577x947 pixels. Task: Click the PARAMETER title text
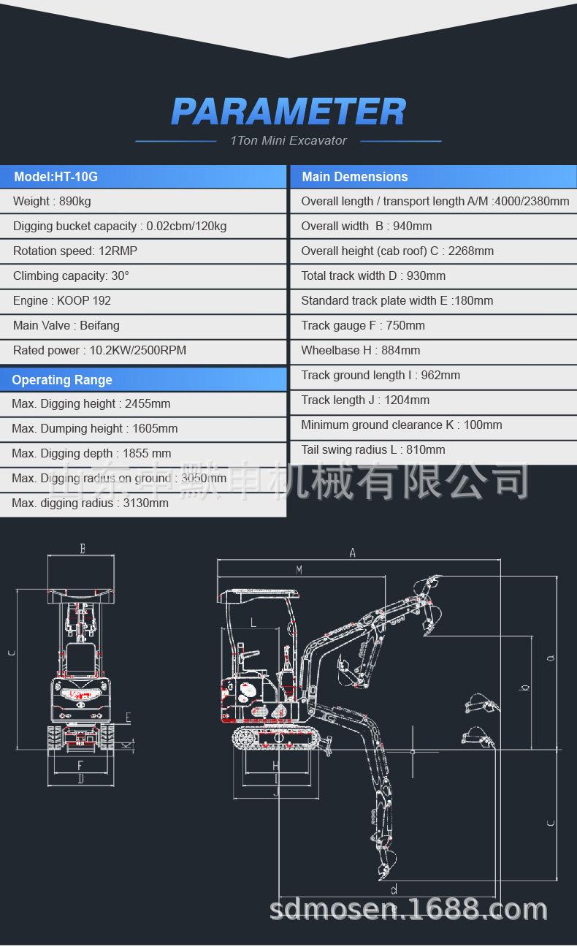coord(288,112)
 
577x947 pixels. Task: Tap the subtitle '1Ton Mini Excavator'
coord(288,140)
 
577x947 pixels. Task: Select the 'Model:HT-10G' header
coord(56,177)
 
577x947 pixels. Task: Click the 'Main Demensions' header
coord(355,177)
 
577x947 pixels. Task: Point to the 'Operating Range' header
coord(62,380)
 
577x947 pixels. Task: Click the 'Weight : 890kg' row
coord(52,202)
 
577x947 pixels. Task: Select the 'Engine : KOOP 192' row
coord(62,301)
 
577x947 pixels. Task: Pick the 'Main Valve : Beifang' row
coord(66,326)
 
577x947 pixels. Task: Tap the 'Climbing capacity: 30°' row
coord(71,276)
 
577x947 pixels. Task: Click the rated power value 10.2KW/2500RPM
coord(138,351)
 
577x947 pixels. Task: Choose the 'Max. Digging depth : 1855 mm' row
coord(91,454)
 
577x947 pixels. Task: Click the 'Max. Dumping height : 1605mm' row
coord(95,429)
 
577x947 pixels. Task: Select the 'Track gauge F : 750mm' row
coord(363,326)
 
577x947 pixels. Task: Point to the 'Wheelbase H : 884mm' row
coord(361,351)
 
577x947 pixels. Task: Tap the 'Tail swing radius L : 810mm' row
coord(373,450)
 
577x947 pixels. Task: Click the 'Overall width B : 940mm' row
coord(367,227)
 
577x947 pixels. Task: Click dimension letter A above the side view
coord(352,553)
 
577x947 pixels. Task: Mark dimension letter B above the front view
coord(83,549)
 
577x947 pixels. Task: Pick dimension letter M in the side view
coord(299,570)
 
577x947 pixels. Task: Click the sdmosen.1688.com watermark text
coord(408,910)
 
